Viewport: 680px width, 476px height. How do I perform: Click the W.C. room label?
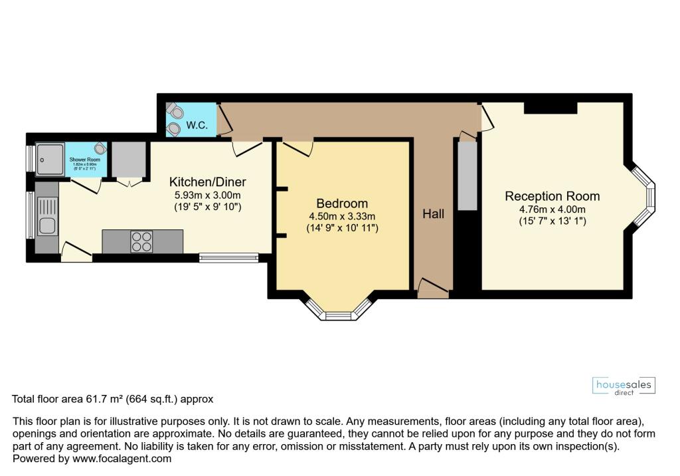pos(197,125)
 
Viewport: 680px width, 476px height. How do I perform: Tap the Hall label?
pos(434,214)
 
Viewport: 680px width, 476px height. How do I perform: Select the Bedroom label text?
pos(342,203)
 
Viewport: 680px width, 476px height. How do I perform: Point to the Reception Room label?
pos(552,196)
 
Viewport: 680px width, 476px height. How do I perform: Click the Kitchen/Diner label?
pos(208,181)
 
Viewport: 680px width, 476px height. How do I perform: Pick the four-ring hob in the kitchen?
pos(141,241)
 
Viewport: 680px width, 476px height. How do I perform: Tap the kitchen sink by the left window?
pos(46,225)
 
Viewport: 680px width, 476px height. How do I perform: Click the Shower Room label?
pos(84,160)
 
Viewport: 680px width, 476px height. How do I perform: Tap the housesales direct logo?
pos(623,386)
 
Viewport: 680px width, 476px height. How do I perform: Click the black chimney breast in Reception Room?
pos(550,108)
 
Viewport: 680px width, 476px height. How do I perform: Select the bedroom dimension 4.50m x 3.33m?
pos(342,216)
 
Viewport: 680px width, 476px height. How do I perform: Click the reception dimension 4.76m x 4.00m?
pos(552,209)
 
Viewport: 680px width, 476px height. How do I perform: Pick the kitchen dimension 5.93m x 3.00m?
pos(208,195)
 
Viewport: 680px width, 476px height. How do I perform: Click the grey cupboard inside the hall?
pos(466,175)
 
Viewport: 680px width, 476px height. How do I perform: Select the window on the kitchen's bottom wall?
pos(228,258)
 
